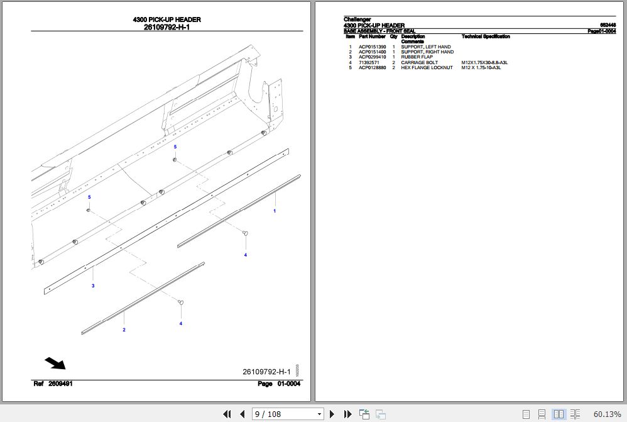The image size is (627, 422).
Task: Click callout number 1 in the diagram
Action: (274, 211)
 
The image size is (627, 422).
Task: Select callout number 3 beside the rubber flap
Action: (93, 286)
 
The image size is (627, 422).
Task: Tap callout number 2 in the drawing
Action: (124, 330)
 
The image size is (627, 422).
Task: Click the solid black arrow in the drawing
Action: (55, 364)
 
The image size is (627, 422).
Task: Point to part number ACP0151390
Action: (372, 47)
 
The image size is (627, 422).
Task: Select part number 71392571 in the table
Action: (368, 63)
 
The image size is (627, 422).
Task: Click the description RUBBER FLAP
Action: (417, 57)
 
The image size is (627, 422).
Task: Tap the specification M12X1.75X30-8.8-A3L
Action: (484, 63)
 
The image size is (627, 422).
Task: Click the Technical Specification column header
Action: (486, 36)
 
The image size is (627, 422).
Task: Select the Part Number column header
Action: (372, 36)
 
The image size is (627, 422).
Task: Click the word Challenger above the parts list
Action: (357, 19)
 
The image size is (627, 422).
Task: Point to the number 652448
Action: (608, 25)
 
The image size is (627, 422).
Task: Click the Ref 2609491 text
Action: (53, 384)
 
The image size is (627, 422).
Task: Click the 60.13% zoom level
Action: (607, 414)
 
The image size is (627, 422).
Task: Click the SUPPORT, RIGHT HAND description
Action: (427, 52)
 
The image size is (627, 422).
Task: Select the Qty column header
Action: (393, 36)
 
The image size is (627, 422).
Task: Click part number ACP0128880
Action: (372, 68)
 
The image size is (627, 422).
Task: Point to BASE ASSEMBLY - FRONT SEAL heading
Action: (379, 31)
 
